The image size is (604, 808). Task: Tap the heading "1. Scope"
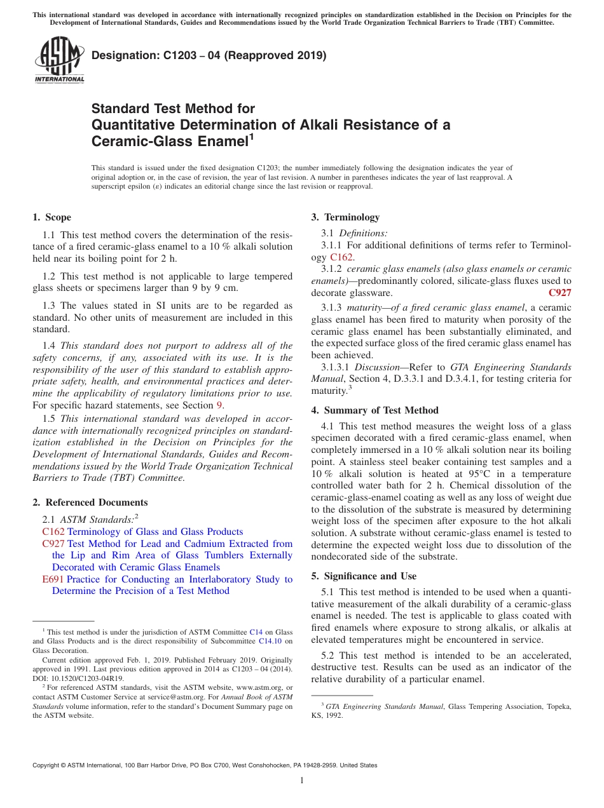[x=51, y=217]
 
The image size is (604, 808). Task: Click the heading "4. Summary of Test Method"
[x=374, y=410]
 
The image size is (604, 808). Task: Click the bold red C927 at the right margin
[x=559, y=293]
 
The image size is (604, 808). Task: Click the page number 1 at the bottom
[x=302, y=781]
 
